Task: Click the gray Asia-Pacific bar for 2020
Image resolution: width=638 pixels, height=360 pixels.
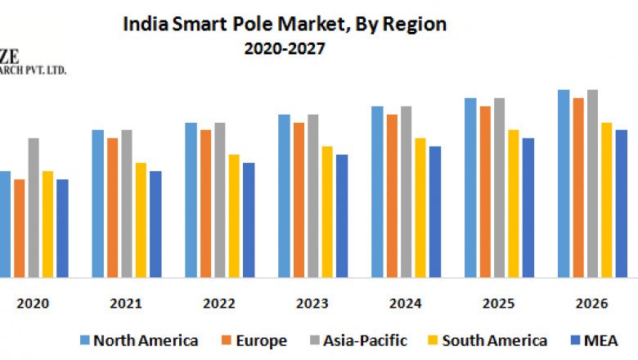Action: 34,208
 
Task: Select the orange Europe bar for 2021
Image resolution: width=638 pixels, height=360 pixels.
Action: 112,208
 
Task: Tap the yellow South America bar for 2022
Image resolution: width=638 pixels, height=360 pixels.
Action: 234,216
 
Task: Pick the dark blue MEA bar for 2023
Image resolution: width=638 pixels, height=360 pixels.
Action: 342,216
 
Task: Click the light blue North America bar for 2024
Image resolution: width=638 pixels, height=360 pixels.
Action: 377,192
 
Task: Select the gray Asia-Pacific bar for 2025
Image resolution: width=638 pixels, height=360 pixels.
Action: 499,188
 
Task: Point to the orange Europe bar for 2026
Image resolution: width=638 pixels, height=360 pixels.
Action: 578,188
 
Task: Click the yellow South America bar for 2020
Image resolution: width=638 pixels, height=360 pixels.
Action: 47,224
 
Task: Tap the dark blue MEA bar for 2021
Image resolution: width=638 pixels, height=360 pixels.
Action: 155,224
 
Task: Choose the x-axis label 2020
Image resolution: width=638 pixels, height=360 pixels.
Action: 33,304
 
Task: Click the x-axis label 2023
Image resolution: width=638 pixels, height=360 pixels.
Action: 312,304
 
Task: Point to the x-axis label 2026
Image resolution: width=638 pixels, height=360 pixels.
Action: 591,304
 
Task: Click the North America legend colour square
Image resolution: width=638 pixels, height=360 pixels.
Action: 84,340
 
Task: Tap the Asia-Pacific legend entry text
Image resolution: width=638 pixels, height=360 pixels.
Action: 366,340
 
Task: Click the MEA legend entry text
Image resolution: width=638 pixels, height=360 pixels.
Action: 601,340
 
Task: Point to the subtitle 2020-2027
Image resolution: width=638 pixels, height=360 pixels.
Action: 285,49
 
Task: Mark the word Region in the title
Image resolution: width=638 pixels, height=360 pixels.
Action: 417,25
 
